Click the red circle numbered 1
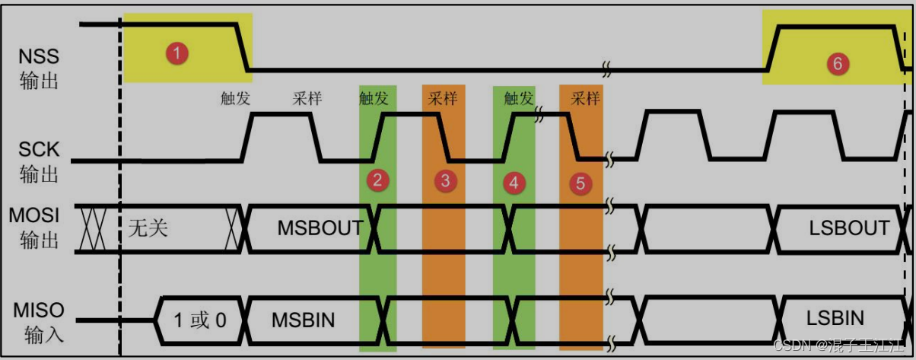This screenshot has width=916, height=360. [x=177, y=53]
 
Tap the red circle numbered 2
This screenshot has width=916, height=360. [x=377, y=180]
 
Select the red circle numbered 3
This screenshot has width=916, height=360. [x=445, y=181]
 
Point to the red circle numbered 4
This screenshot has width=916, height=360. [x=514, y=183]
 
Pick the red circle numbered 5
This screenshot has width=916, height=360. [x=580, y=183]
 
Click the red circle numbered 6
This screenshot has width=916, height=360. [x=837, y=65]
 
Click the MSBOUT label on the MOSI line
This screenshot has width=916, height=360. [x=320, y=228]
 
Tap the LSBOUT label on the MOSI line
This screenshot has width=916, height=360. [x=849, y=228]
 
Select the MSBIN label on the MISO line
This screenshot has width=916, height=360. [x=303, y=320]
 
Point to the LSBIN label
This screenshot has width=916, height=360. [x=835, y=317]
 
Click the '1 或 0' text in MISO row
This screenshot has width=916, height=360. [x=199, y=320]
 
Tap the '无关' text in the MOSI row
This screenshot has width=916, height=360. [x=148, y=228]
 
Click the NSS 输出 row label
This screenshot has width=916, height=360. [x=39, y=68]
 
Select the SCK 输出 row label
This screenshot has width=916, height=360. [x=39, y=161]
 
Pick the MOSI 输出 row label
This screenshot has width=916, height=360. [x=39, y=228]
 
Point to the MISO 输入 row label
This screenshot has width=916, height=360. [x=39, y=321]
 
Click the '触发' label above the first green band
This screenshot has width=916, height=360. [x=374, y=98]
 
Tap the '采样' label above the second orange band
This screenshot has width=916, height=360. [x=585, y=98]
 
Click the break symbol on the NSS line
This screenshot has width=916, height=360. [x=607, y=69]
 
